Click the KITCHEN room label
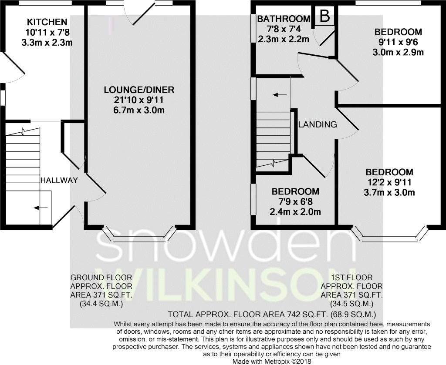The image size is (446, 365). point(47,22)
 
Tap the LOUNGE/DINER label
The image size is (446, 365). point(139,90)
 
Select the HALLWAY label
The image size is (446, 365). point(59,180)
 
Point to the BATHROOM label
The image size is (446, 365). point(284,19)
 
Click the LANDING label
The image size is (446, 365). point(318,124)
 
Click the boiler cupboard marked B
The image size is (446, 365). point(324,17)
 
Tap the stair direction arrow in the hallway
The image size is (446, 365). point(41,208)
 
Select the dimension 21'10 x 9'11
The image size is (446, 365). point(139,100)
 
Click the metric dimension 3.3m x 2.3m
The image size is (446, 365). point(47,43)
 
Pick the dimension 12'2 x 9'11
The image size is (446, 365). point(389,182)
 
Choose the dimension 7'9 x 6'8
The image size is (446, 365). point(295,201)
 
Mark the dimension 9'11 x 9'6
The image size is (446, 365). point(398,42)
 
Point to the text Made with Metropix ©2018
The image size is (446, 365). point(272,362)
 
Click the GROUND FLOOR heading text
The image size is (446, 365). point(101,278)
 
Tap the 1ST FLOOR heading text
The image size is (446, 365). point(351,278)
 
